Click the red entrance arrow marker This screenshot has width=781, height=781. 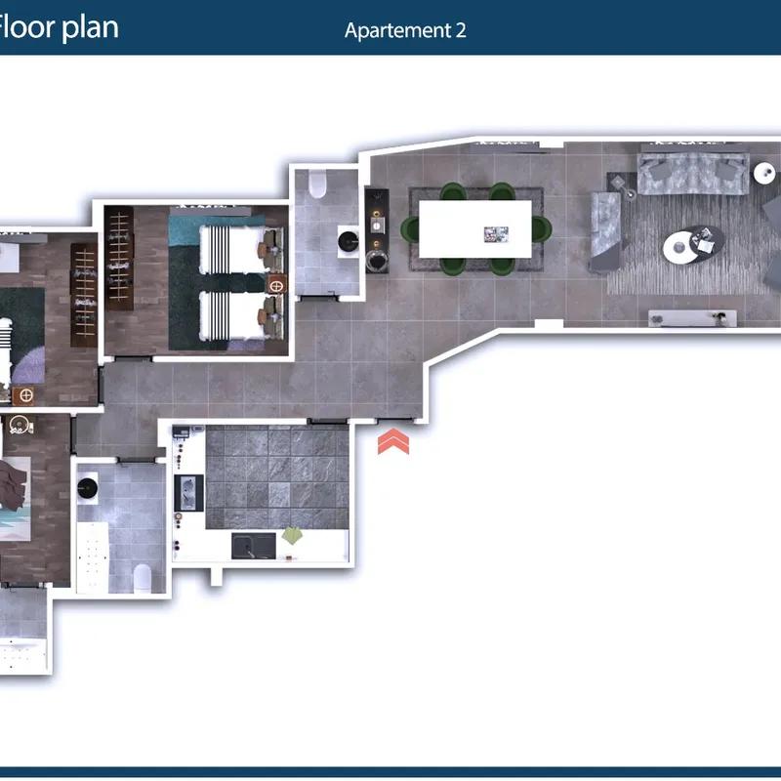point(393,441)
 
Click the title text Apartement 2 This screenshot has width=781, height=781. point(405,30)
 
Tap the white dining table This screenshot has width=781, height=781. point(475,229)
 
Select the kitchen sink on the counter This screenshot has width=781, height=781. point(254,546)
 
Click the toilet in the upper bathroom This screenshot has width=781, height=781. point(317,184)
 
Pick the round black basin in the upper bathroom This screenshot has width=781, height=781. point(349,241)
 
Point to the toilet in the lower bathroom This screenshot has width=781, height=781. point(143,578)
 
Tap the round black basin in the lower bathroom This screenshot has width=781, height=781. point(88,488)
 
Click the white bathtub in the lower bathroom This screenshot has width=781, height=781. point(93,557)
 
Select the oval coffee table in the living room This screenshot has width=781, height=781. point(693,245)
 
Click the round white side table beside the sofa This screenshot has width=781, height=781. point(764,174)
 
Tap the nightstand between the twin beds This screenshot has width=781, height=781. point(276,285)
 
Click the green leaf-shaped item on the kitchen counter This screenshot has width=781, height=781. point(292,536)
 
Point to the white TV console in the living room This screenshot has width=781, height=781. point(692,318)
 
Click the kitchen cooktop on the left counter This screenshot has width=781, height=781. point(188,493)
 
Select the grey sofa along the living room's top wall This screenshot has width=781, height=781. point(693,173)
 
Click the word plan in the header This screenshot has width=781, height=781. point(91,28)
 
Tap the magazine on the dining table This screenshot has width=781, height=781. point(496,234)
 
